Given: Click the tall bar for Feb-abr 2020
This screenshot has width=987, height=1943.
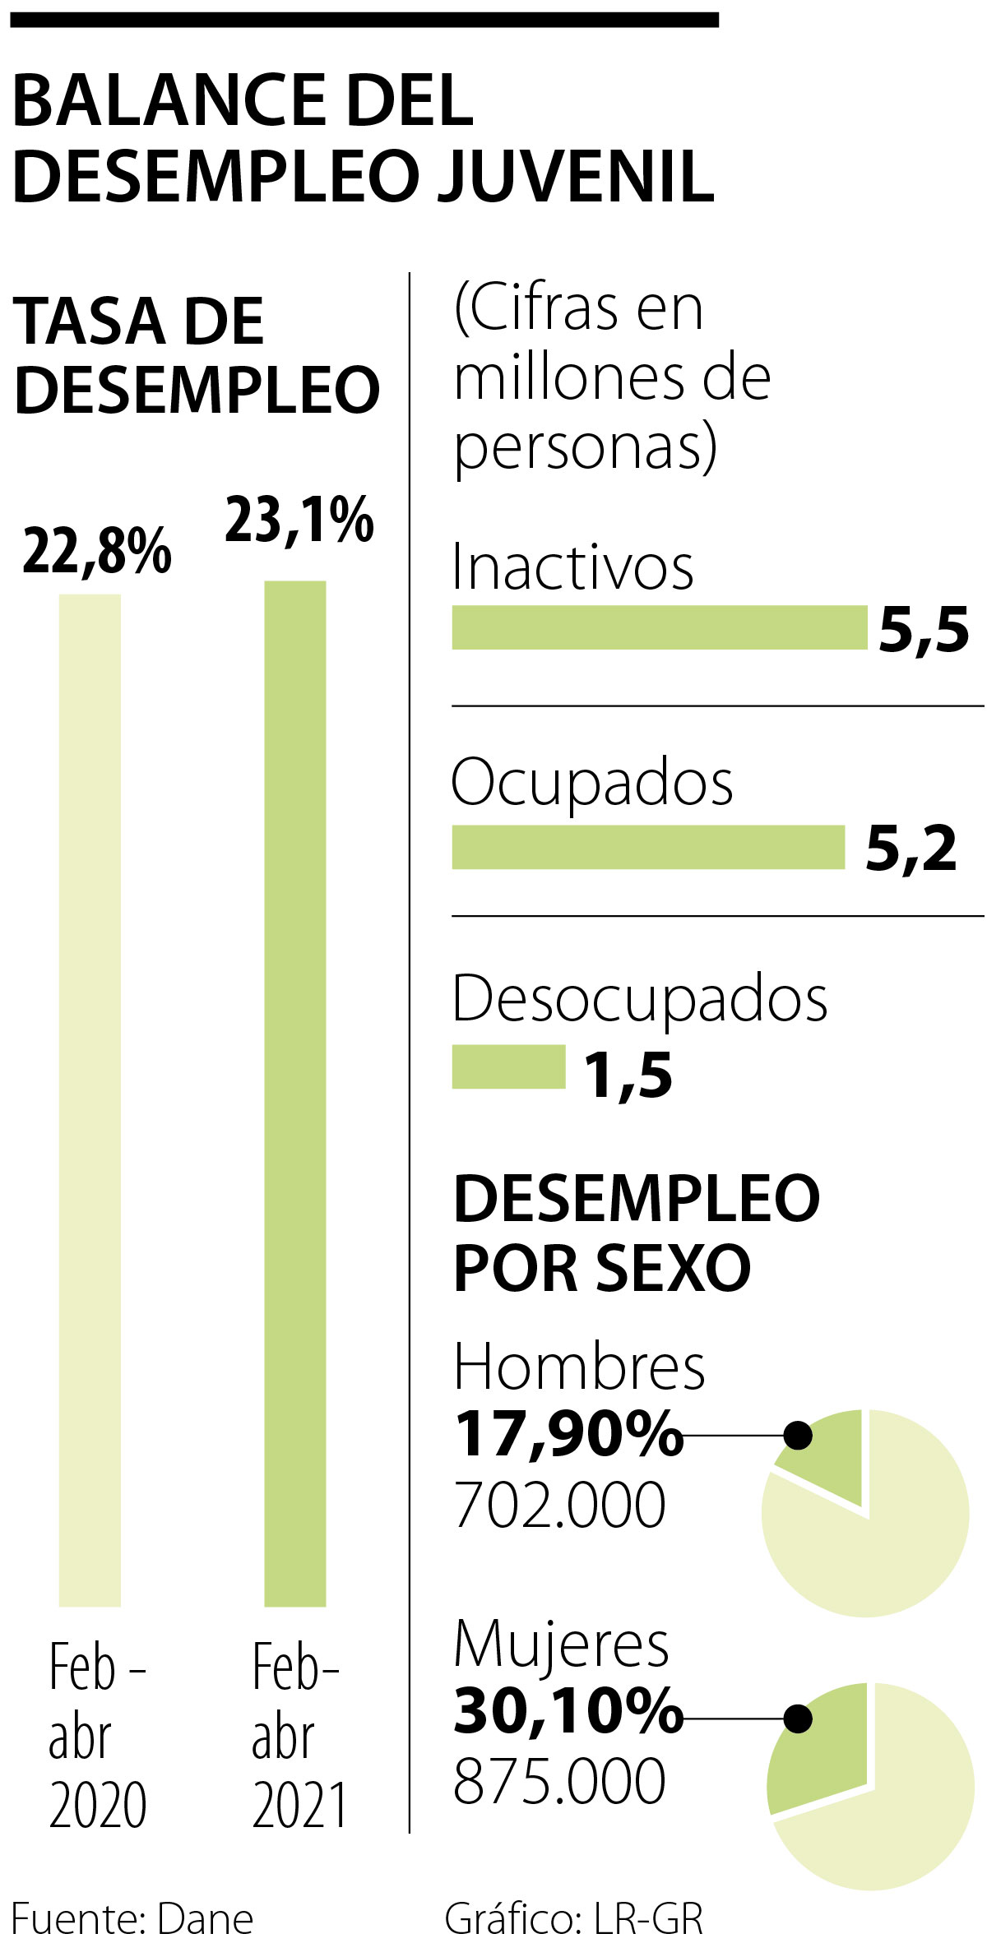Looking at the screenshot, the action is tap(90, 1100).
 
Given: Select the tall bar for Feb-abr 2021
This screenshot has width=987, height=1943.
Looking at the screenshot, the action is tap(295, 1094).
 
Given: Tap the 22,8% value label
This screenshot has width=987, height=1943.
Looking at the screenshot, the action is tap(97, 552).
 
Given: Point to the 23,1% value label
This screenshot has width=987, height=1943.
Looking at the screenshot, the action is tap(300, 520).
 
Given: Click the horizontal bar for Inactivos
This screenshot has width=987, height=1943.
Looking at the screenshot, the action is tap(660, 628).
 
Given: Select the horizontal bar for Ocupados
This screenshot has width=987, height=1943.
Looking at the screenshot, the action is tap(649, 847).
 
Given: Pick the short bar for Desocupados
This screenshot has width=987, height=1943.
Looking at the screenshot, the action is tap(509, 1066).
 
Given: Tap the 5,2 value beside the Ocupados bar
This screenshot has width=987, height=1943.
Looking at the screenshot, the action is tap(911, 850).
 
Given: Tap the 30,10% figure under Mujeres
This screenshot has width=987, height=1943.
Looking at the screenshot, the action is tap(568, 1712).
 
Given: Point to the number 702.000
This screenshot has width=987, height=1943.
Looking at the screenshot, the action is tap(560, 1506).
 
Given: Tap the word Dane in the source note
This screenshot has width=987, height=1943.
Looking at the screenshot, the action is tap(205, 1919).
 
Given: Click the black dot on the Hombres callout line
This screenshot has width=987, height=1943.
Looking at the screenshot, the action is tap(798, 1436).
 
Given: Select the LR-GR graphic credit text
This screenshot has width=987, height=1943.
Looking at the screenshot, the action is tap(649, 1919).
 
